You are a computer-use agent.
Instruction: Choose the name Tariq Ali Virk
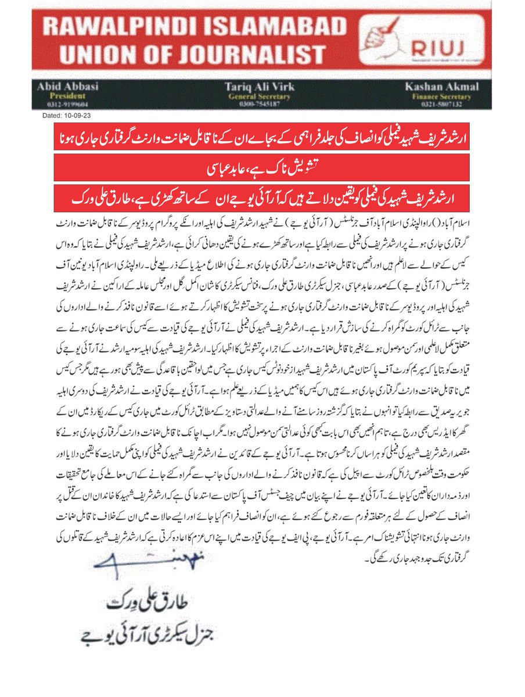(259, 87)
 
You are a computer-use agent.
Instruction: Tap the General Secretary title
(259, 96)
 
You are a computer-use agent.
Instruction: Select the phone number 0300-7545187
(259, 103)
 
